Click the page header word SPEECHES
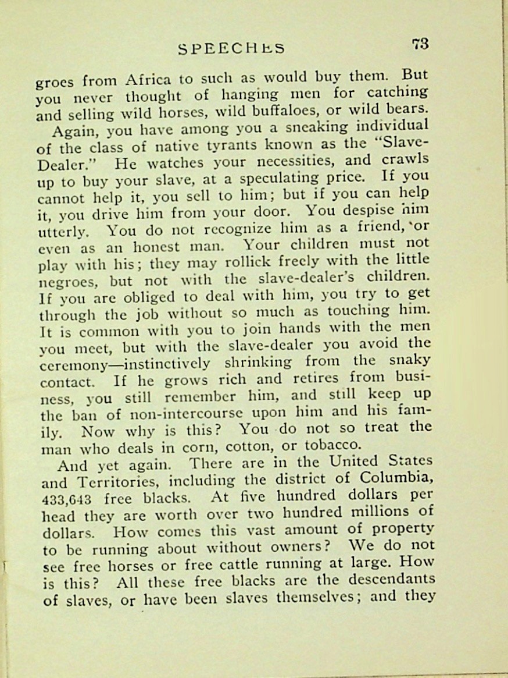coord(231,48)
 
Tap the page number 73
coord(420,44)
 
